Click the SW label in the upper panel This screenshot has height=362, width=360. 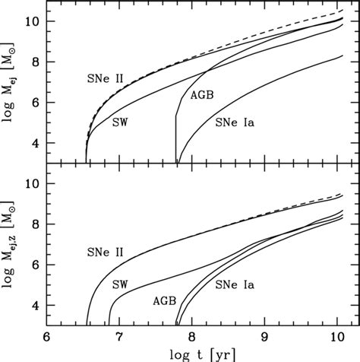click(120, 121)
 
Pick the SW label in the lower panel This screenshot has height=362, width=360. click(120, 284)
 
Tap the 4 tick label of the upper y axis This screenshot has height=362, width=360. click(34, 143)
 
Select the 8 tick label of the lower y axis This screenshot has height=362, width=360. click(34, 224)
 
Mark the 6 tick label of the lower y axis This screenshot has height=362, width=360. click(34, 265)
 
